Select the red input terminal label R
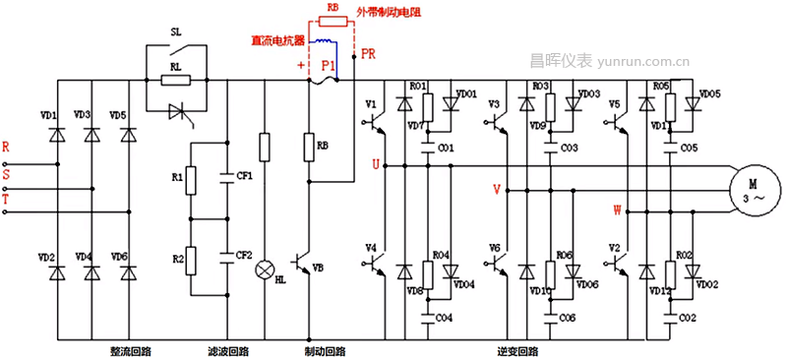7,147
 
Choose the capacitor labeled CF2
229,256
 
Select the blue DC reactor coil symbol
322,42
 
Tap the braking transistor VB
307,266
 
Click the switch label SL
176,31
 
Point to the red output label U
374,165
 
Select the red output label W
617,210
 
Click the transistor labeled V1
371,102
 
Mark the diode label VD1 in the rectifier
47,115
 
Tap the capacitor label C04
445,318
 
